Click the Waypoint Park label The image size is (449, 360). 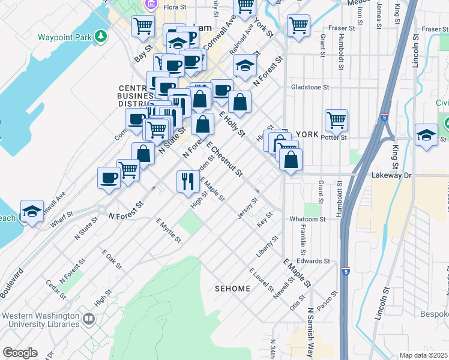click(x=64, y=37)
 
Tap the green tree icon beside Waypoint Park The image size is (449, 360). click(x=102, y=37)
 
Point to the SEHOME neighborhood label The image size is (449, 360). click(x=232, y=289)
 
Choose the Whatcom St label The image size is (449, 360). click(x=307, y=219)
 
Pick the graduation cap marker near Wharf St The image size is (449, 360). click(x=32, y=211)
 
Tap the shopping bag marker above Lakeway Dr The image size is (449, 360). click(x=291, y=160)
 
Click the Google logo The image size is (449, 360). click(x=20, y=353)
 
